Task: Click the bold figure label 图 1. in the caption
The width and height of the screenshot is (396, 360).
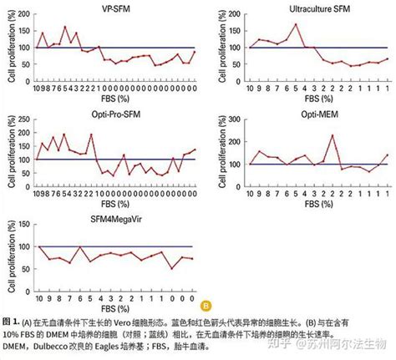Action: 11,321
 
